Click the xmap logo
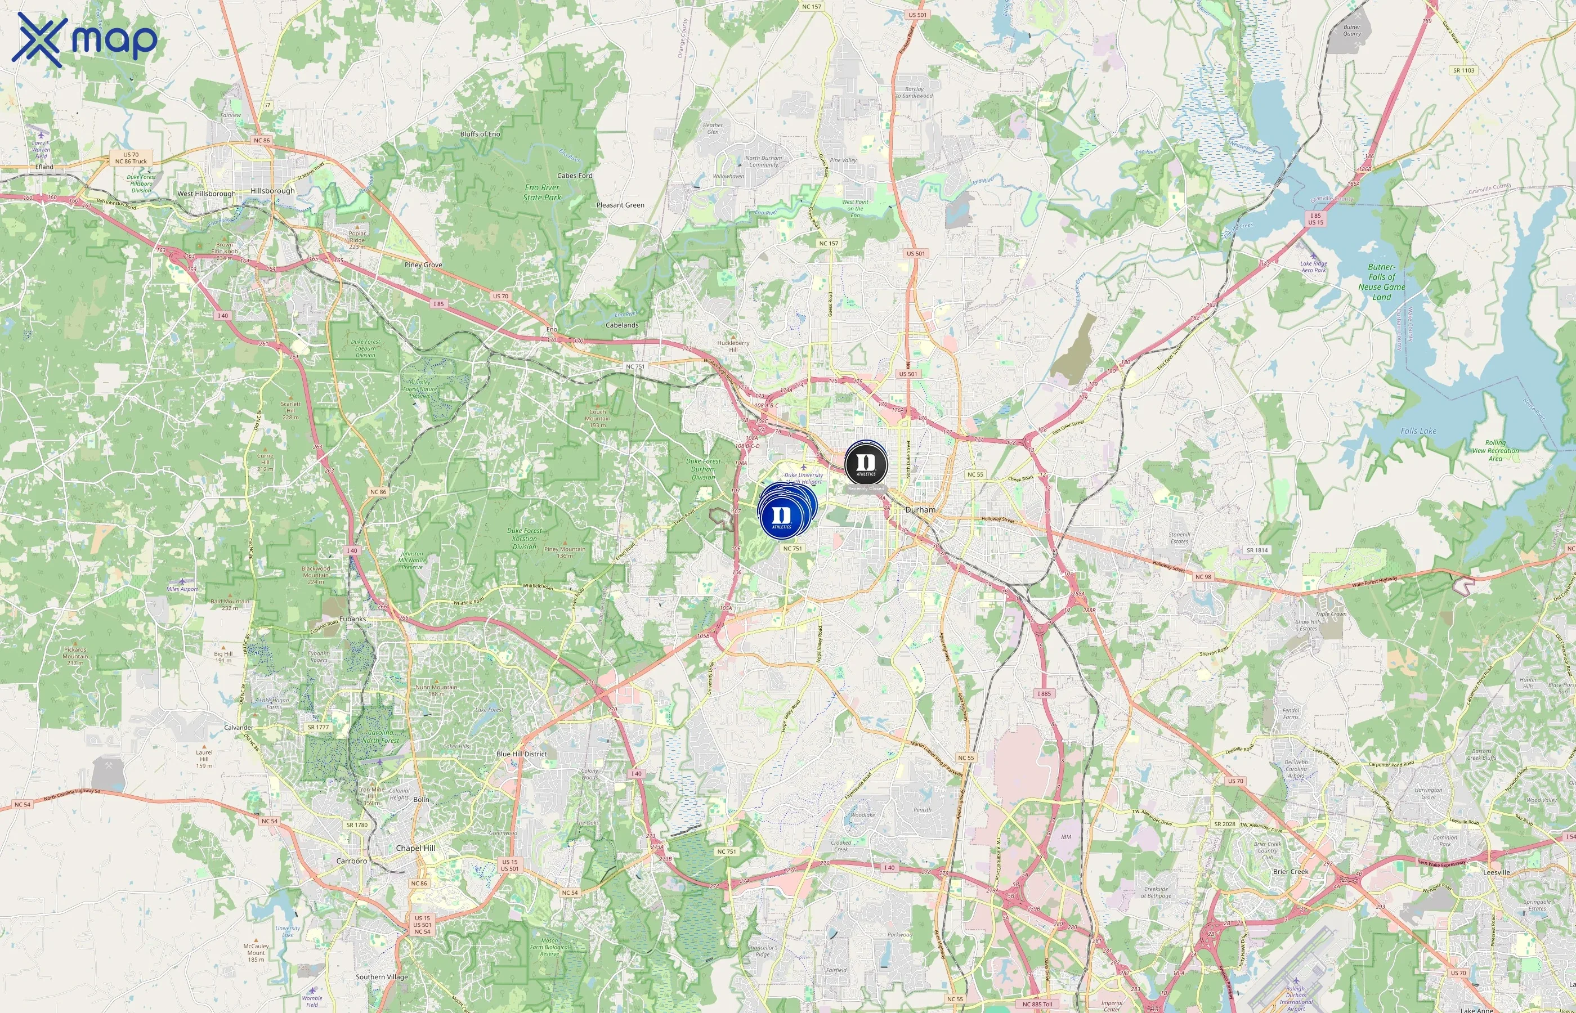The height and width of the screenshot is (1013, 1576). point(84,39)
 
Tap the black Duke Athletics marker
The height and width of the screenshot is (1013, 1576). point(866,463)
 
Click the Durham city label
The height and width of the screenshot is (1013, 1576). point(920,510)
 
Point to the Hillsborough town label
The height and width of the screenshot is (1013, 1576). point(272,191)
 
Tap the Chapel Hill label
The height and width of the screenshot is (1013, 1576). point(415,848)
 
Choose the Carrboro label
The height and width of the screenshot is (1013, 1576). point(351,860)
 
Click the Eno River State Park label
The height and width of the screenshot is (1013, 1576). point(542,192)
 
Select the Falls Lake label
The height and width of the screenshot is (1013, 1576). point(1418,431)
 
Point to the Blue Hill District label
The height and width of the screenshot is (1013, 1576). point(522,754)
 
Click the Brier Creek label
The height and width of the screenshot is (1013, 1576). point(1291,872)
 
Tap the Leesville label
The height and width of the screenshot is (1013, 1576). point(1497,872)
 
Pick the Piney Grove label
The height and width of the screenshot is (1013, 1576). point(423,265)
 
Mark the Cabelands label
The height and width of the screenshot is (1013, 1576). point(621,325)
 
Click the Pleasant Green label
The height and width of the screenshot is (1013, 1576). point(620,205)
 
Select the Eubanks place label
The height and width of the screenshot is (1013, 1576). point(352,619)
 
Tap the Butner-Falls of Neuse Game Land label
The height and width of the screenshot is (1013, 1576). point(1381,281)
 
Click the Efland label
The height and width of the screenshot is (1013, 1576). point(44,167)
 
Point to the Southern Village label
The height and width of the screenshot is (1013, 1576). point(382,977)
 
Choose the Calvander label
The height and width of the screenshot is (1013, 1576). point(238,728)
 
